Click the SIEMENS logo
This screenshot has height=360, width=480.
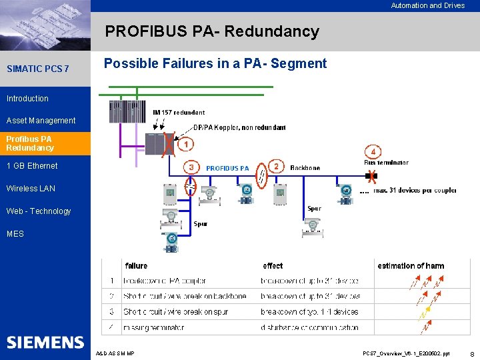coord(45,343)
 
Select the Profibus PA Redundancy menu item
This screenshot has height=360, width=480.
coord(30,143)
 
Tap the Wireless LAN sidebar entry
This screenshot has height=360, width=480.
coord(31,189)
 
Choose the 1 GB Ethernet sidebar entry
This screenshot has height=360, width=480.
coord(32,166)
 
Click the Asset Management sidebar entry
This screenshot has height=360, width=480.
coord(41,121)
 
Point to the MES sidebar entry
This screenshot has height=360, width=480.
coord(15,234)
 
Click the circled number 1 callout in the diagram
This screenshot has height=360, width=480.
coord(188,143)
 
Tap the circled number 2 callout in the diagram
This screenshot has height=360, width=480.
coord(275,166)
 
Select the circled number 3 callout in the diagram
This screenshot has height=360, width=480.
coord(191,167)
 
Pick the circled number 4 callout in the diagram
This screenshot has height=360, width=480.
coord(373,151)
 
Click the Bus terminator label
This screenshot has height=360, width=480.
coord(386,162)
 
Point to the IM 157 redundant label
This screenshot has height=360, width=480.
coord(179,113)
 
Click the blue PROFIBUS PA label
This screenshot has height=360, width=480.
coord(227,168)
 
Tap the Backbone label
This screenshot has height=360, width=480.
coord(305,168)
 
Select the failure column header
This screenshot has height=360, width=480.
coord(137,265)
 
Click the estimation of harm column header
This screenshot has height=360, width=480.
coord(411,265)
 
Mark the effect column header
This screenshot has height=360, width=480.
coord(273,265)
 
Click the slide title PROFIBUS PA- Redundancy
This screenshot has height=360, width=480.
coord(212,31)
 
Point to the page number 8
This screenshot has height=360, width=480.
coord(472,353)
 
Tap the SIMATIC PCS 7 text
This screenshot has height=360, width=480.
coord(37,69)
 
